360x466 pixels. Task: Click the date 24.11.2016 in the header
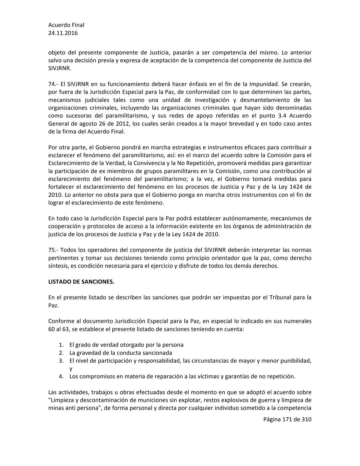tap(63, 33)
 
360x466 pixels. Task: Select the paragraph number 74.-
tap(53, 84)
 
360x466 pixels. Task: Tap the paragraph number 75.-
tap(53, 250)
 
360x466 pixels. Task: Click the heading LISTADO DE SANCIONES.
tap(81, 282)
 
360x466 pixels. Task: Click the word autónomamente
tap(247, 218)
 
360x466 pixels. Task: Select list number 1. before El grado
tap(61, 345)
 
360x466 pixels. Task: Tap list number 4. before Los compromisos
tap(61, 376)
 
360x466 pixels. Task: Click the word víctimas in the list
tap(208, 376)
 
